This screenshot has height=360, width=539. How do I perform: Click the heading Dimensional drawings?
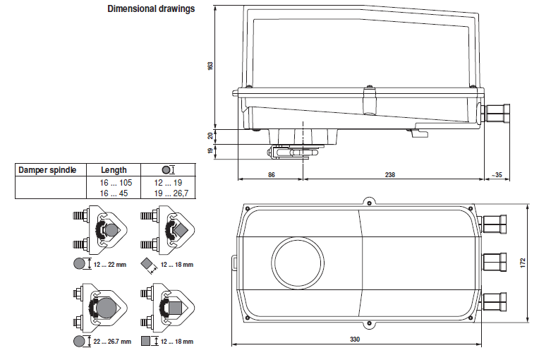pyautogui.click(x=151, y=10)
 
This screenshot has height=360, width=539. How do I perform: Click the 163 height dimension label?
pyautogui.click(x=210, y=66)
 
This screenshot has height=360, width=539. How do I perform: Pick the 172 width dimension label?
pyautogui.click(x=523, y=262)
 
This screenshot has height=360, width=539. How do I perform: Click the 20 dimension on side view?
pyautogui.click(x=210, y=136)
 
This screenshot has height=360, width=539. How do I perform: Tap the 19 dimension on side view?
pyautogui.click(x=210, y=150)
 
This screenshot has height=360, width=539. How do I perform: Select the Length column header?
pyautogui.click(x=114, y=170)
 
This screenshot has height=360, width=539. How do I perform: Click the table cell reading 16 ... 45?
pyautogui.click(x=113, y=192)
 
